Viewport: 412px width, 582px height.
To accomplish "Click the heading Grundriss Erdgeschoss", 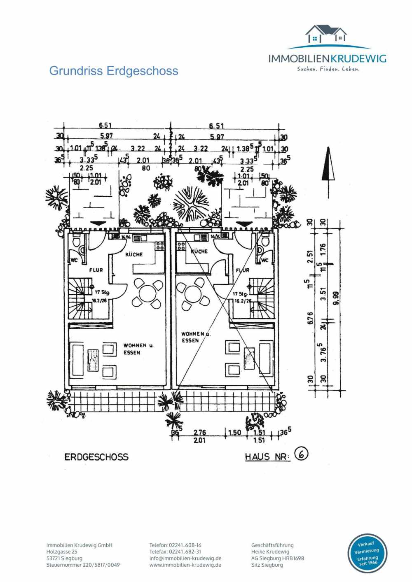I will click(x=114, y=71).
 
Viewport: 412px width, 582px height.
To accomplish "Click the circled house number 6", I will click(x=302, y=454).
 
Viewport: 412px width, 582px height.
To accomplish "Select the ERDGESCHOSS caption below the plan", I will click(x=96, y=457).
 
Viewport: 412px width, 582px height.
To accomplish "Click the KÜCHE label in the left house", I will click(x=134, y=254).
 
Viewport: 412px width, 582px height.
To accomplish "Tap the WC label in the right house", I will click(x=265, y=260).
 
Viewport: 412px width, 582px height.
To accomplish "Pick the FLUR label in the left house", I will click(x=96, y=270).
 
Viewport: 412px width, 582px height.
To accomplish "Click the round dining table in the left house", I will click(x=147, y=293).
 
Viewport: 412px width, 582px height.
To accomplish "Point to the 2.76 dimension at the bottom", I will click(x=200, y=433).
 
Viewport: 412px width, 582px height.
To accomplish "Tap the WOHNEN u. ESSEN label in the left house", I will click(x=138, y=349).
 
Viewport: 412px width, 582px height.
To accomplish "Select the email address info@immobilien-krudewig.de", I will click(x=185, y=559).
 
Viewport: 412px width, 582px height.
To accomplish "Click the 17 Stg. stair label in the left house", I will click(x=102, y=292).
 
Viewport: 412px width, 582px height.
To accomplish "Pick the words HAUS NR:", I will click(x=268, y=457).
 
